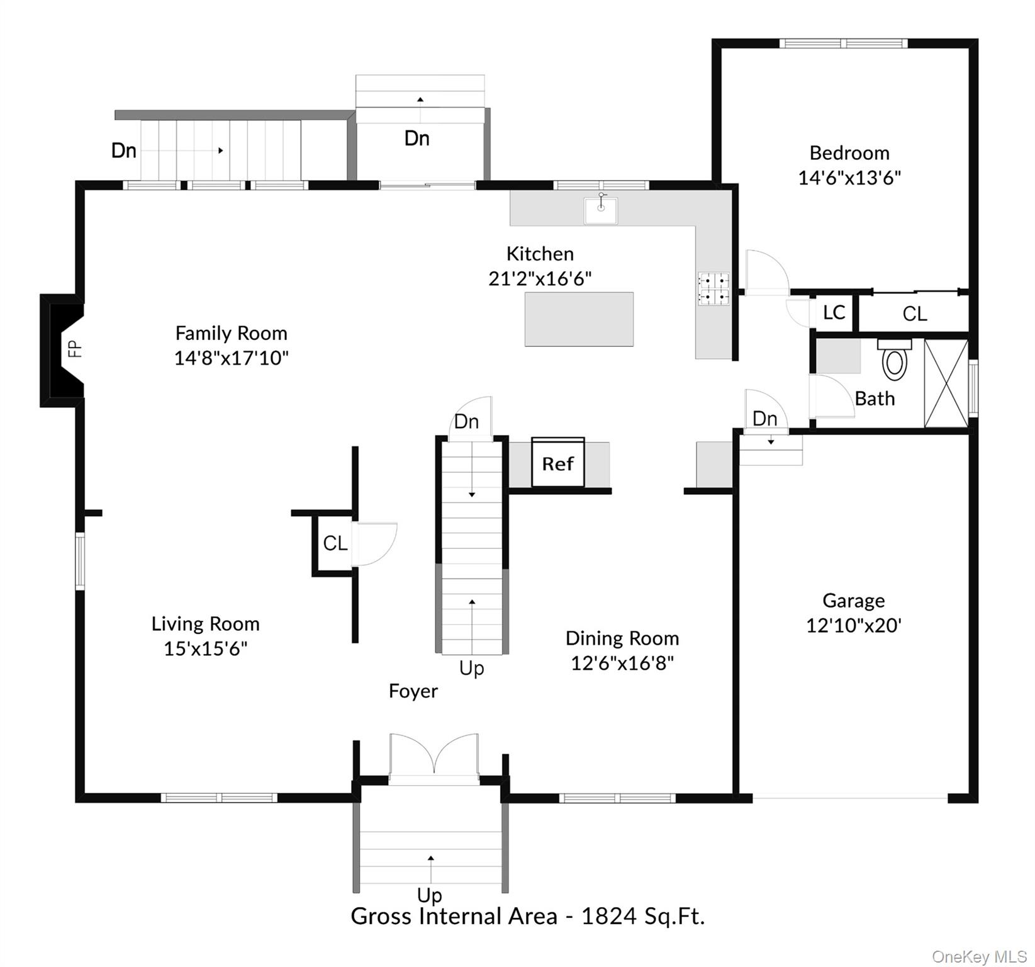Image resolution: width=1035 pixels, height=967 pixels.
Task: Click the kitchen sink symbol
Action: pyautogui.click(x=600, y=210)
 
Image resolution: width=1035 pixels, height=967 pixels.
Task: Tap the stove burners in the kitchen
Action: pyautogui.click(x=713, y=289)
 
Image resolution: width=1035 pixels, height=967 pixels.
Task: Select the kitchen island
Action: pyautogui.click(x=579, y=319)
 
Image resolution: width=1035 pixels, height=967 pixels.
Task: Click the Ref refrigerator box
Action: pyautogui.click(x=558, y=464)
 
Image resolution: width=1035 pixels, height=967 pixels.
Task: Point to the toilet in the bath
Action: pyautogui.click(x=894, y=362)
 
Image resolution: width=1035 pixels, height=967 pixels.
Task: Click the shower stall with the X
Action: pyautogui.click(x=946, y=383)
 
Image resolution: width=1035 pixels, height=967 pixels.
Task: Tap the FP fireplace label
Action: pyautogui.click(x=75, y=348)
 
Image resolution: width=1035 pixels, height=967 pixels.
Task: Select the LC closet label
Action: pyautogui.click(x=834, y=312)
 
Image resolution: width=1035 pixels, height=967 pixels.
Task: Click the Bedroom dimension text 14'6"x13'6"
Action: pyautogui.click(x=849, y=178)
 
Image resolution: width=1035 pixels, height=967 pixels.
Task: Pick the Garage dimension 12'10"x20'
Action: pyautogui.click(x=854, y=625)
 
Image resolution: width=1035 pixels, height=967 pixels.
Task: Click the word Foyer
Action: pyautogui.click(x=413, y=691)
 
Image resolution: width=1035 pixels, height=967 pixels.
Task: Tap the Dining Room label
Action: pyautogui.click(x=622, y=638)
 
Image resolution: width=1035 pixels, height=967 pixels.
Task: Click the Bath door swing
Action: pyautogui.click(x=832, y=396)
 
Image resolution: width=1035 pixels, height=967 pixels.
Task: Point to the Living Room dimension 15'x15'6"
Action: pyautogui.click(x=205, y=648)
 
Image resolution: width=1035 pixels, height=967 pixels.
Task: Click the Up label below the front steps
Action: pyautogui.click(x=430, y=895)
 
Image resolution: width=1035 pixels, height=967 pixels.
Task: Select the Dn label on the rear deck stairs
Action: pyautogui.click(x=124, y=150)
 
